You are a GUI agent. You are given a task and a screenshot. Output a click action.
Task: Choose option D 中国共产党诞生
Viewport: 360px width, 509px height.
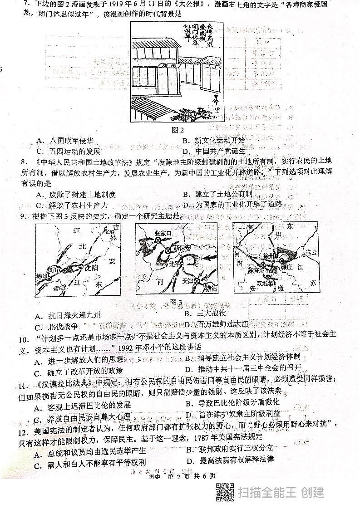[213, 151]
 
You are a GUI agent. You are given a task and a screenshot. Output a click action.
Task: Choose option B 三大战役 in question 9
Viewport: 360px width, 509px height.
[205, 313]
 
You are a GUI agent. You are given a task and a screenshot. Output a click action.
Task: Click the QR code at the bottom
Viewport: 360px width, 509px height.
[224, 492]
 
